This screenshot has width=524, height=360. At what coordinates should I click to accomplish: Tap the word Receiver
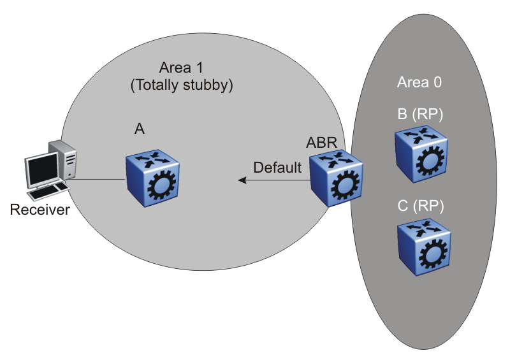click(40, 210)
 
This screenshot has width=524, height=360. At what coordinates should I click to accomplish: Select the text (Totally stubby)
click(180, 86)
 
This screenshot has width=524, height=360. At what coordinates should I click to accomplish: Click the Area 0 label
click(419, 82)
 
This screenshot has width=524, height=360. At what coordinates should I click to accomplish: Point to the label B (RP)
click(419, 115)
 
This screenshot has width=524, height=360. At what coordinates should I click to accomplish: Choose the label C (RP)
click(420, 206)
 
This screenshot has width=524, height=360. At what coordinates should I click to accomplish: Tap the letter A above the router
click(140, 129)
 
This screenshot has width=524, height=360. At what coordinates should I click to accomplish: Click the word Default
click(277, 168)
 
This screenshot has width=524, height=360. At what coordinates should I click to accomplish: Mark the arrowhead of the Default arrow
click(242, 181)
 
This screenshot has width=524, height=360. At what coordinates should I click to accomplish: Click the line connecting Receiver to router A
click(96, 179)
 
